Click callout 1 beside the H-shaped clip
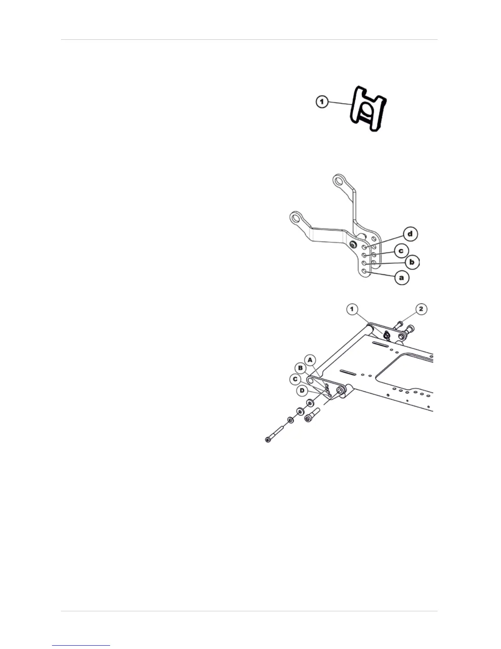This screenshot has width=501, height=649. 323,102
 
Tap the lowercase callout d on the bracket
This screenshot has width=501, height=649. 410,234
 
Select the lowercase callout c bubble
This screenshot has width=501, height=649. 401,250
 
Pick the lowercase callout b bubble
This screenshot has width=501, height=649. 412,262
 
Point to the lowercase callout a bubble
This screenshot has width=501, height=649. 401,277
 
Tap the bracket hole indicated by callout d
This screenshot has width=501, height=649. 364,247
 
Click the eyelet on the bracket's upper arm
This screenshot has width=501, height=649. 339,180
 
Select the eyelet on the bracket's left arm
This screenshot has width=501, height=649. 296,216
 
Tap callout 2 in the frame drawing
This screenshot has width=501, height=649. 421,309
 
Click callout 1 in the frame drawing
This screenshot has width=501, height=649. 352,309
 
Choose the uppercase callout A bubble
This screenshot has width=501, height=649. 310,360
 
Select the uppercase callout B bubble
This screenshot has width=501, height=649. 301,368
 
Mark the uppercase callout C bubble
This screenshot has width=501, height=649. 294,379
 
